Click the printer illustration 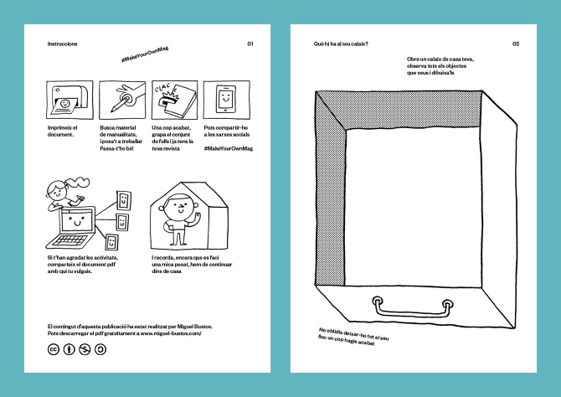[x=64, y=100]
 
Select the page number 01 [x=250, y=44]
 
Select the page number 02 [x=516, y=44]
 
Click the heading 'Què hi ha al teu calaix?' [x=341, y=44]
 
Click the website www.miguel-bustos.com [x=166, y=333]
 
